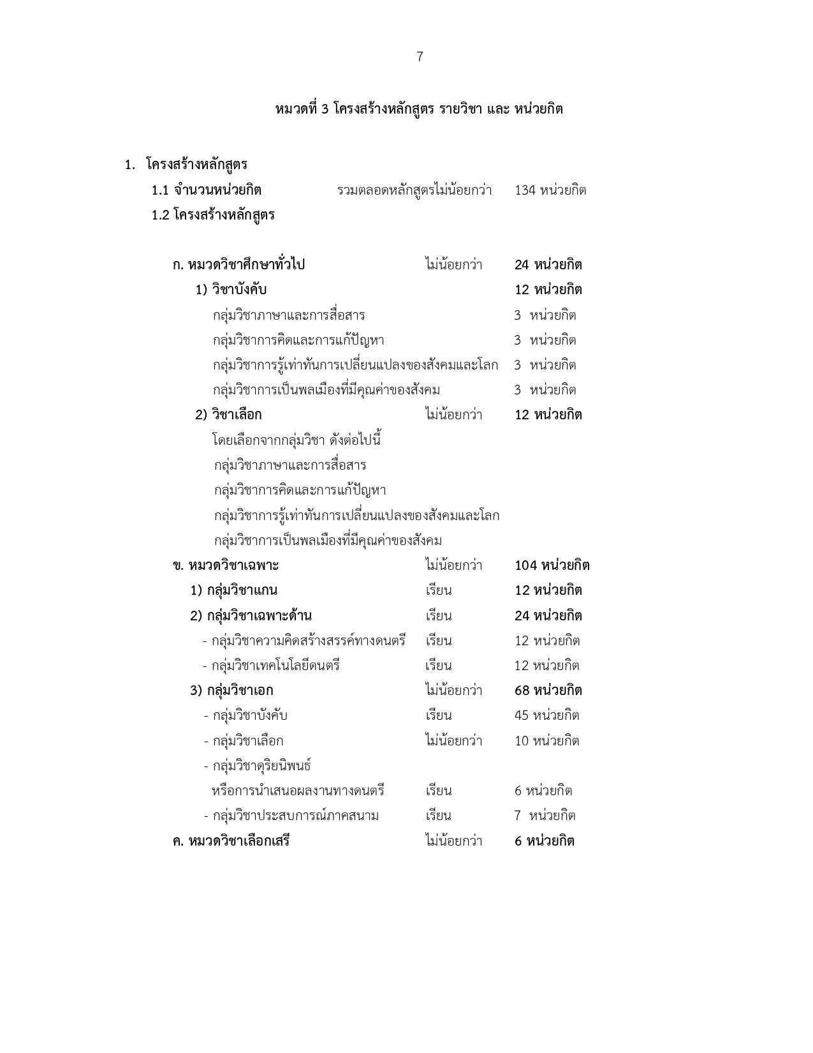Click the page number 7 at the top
(x=420, y=57)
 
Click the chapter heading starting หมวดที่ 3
(x=419, y=109)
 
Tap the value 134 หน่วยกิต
(x=550, y=190)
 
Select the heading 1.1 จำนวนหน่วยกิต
(x=207, y=190)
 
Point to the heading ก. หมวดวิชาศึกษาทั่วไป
(x=238, y=265)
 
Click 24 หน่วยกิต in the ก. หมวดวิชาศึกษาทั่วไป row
(x=548, y=265)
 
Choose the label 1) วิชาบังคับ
(x=231, y=290)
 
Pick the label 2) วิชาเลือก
(x=228, y=415)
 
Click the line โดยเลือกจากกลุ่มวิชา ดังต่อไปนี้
(x=297, y=440)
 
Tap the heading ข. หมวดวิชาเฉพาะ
(x=226, y=565)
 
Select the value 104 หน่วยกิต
(x=552, y=565)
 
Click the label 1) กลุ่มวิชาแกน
(x=234, y=590)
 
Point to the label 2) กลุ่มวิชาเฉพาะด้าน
(x=251, y=616)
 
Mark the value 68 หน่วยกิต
(x=548, y=691)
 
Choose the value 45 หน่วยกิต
(x=547, y=715)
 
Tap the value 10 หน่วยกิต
(x=547, y=741)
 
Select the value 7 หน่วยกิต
(x=545, y=816)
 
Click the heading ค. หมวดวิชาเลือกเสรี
(x=231, y=841)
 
